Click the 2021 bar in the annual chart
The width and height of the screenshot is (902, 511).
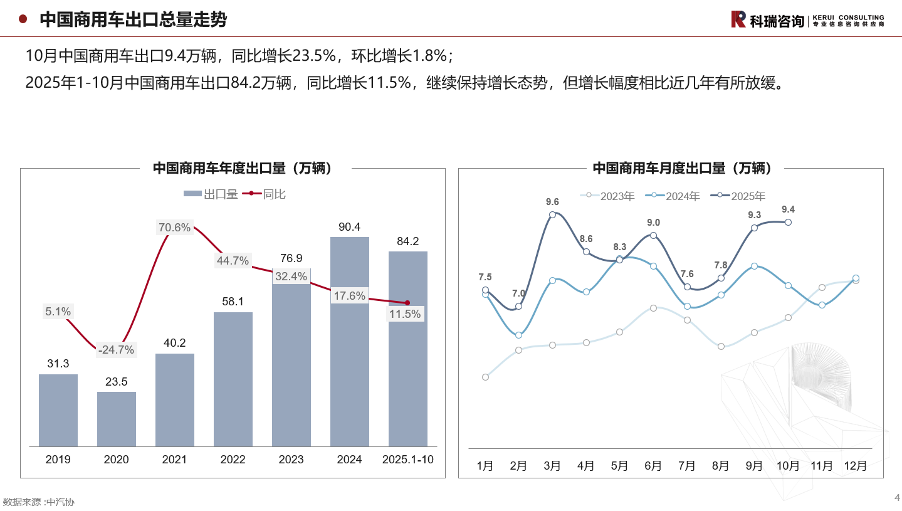coord(175,400)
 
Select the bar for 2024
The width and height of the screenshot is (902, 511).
coord(349,342)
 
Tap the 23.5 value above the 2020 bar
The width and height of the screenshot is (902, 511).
coord(116,382)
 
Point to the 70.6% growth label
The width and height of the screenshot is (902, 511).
coord(174,228)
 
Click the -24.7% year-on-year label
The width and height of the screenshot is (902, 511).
coord(116,350)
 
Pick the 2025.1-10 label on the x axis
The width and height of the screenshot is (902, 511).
coord(408,460)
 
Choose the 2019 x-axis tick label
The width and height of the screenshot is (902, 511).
coord(58,460)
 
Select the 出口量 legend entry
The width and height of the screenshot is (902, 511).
coord(211,194)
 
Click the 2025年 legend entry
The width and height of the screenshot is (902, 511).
coord(741,196)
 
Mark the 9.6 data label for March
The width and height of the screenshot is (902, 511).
coord(552,202)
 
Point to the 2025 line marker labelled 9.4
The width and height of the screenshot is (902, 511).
coord(789,222)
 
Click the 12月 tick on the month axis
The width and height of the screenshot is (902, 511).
coord(856,466)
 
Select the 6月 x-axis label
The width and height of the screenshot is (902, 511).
coord(653,466)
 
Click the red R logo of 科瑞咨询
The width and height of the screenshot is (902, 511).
coord(738,19)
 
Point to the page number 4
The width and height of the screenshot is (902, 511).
coord(897,498)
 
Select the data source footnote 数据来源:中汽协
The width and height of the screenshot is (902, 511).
coord(39,502)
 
